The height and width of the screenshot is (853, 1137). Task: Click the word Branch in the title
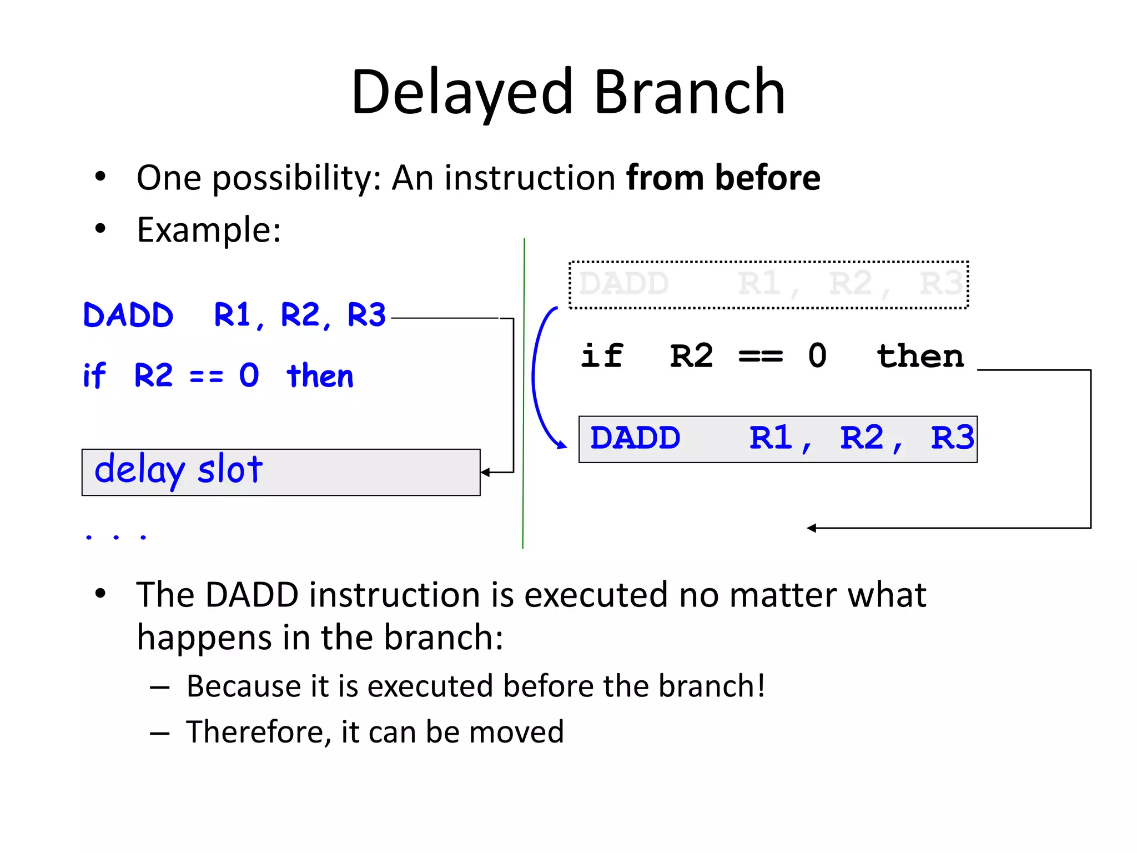pyautogui.click(x=690, y=92)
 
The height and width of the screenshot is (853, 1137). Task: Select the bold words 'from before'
pyautogui.click(x=723, y=178)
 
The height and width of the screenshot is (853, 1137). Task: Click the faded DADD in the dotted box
pyautogui.click(x=623, y=284)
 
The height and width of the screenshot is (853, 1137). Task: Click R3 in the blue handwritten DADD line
pyautogui.click(x=366, y=315)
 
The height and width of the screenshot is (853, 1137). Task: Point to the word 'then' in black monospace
pyautogui.click(x=920, y=355)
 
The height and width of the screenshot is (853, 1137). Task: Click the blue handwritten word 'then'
pyautogui.click(x=320, y=376)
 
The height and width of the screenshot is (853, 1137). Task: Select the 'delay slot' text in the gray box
pyautogui.click(x=178, y=470)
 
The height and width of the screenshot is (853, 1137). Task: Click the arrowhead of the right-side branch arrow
pyautogui.click(x=812, y=528)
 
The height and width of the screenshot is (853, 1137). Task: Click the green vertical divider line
pyautogui.click(x=524, y=389)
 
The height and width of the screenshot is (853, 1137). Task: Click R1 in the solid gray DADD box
pyautogui.click(x=771, y=438)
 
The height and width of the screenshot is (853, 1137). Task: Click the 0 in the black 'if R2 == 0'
pyautogui.click(x=817, y=355)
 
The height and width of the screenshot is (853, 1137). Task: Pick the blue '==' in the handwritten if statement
pyautogui.click(x=206, y=377)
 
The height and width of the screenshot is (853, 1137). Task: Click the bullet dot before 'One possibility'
pyautogui.click(x=100, y=177)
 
